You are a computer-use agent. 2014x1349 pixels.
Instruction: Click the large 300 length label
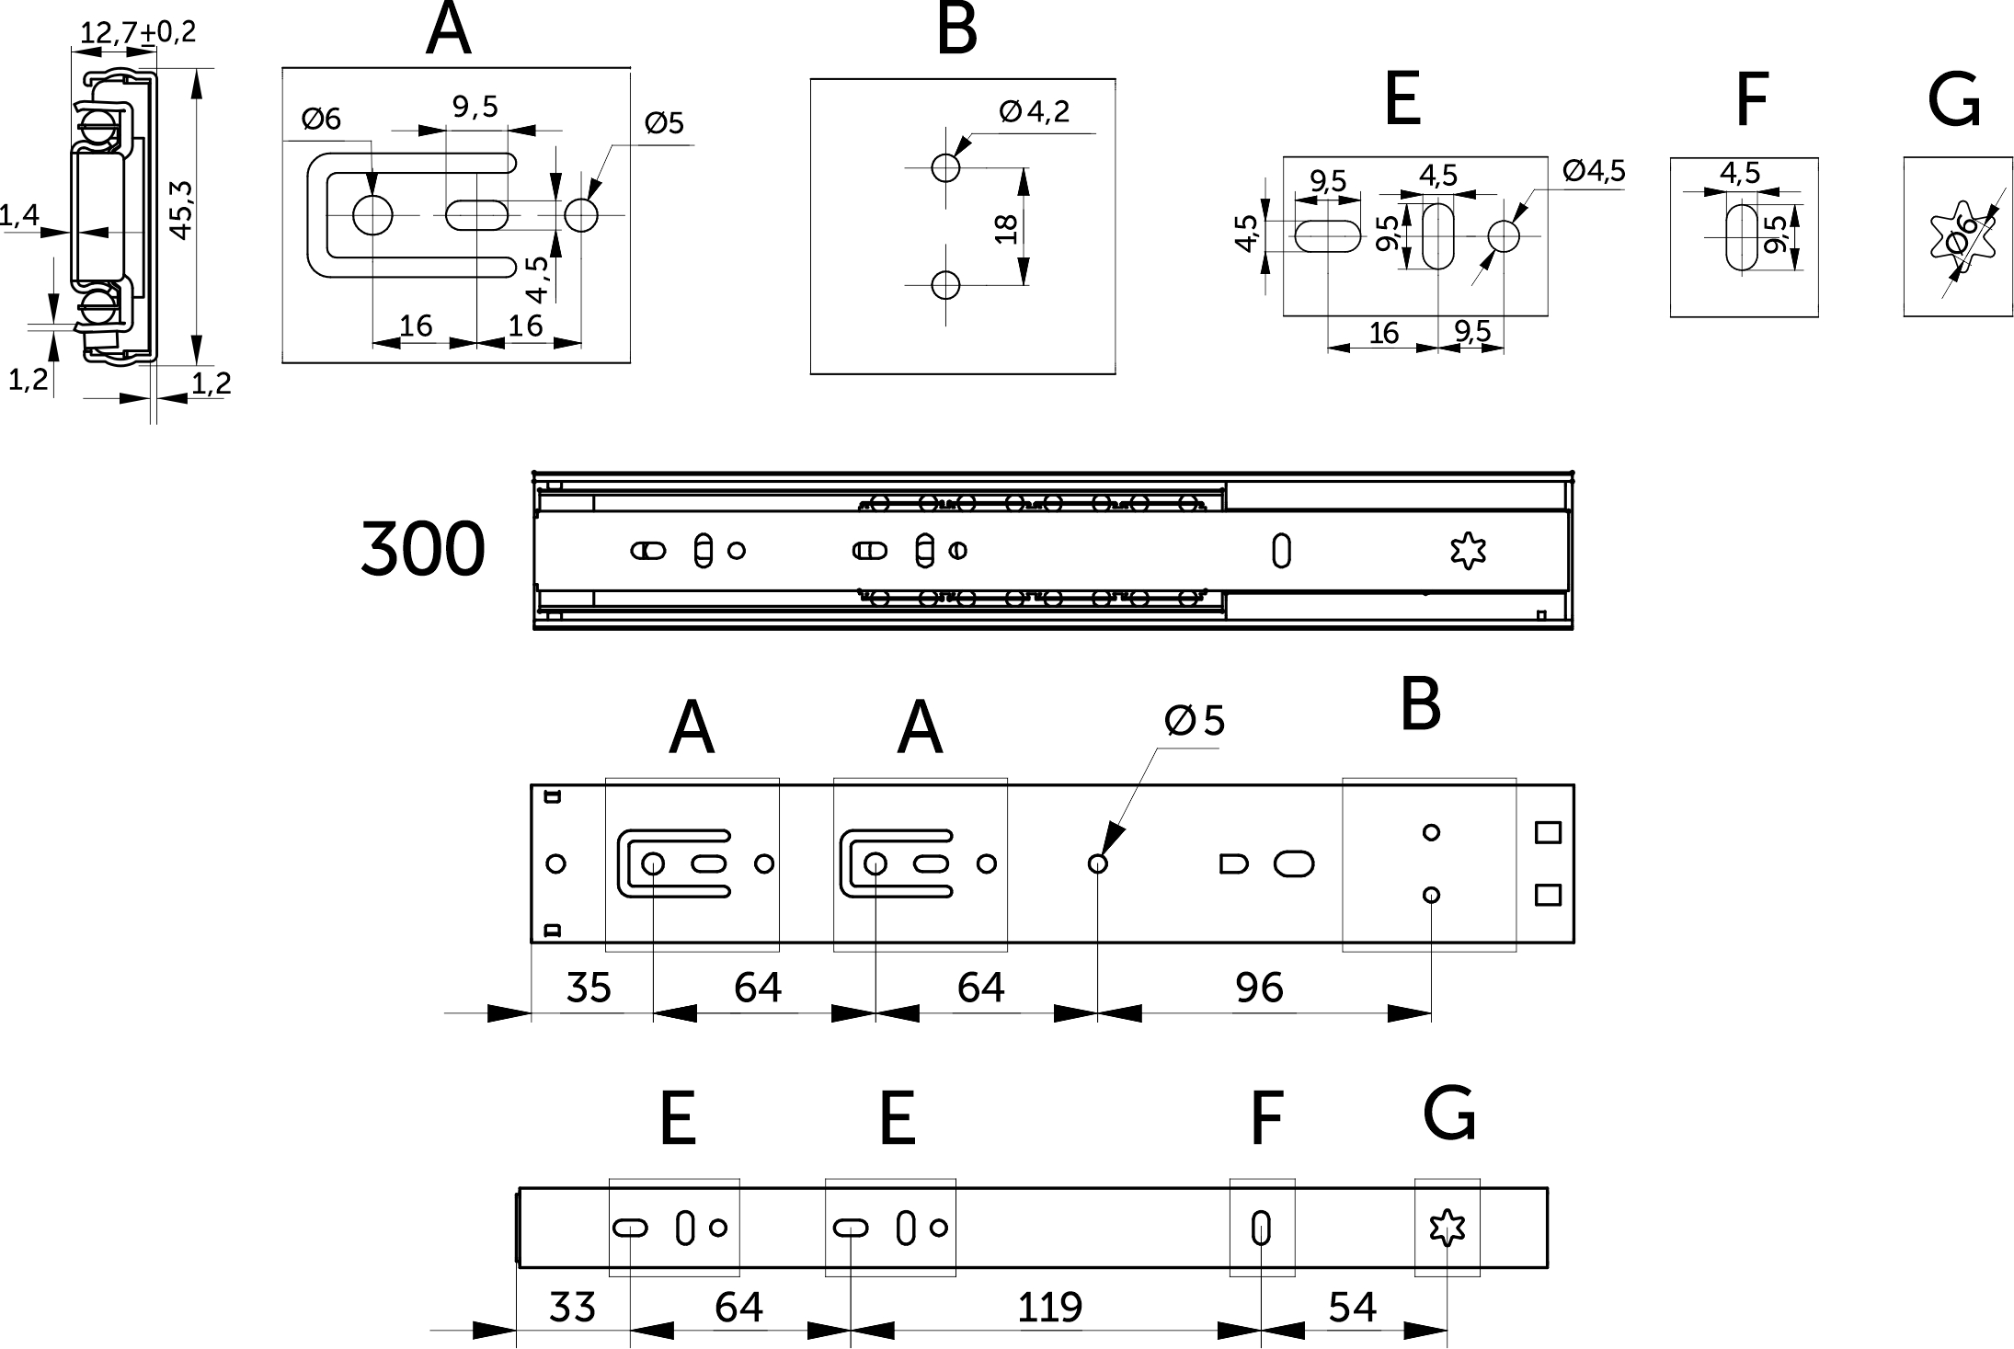[x=422, y=549]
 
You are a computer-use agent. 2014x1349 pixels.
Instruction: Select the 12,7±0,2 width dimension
[x=138, y=33]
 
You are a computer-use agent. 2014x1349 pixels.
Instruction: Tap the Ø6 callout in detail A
[x=321, y=119]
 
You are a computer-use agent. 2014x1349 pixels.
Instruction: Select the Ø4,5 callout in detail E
[x=1594, y=170]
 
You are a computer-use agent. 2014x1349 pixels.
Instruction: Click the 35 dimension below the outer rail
[x=589, y=988]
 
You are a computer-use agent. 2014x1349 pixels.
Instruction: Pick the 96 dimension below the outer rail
[x=1259, y=988]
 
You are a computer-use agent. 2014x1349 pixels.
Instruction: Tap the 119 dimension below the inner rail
[x=1049, y=1307]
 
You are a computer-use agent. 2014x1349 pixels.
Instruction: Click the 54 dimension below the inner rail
[x=1352, y=1307]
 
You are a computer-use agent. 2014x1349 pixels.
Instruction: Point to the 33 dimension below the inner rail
[x=572, y=1307]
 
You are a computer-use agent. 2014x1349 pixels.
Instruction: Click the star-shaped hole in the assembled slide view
[x=1468, y=551]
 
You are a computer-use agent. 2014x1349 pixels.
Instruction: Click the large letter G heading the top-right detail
[x=1954, y=101]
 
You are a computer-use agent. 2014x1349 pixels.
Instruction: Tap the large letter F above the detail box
[x=1752, y=101]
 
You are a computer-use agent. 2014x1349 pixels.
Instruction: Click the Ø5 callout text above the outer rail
[x=1195, y=722]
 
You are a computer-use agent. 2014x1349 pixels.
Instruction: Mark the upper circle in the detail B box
[x=945, y=167]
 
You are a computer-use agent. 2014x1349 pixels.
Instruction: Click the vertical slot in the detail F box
[x=1741, y=237]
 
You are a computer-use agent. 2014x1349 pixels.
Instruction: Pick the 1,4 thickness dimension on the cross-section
[x=18, y=216]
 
